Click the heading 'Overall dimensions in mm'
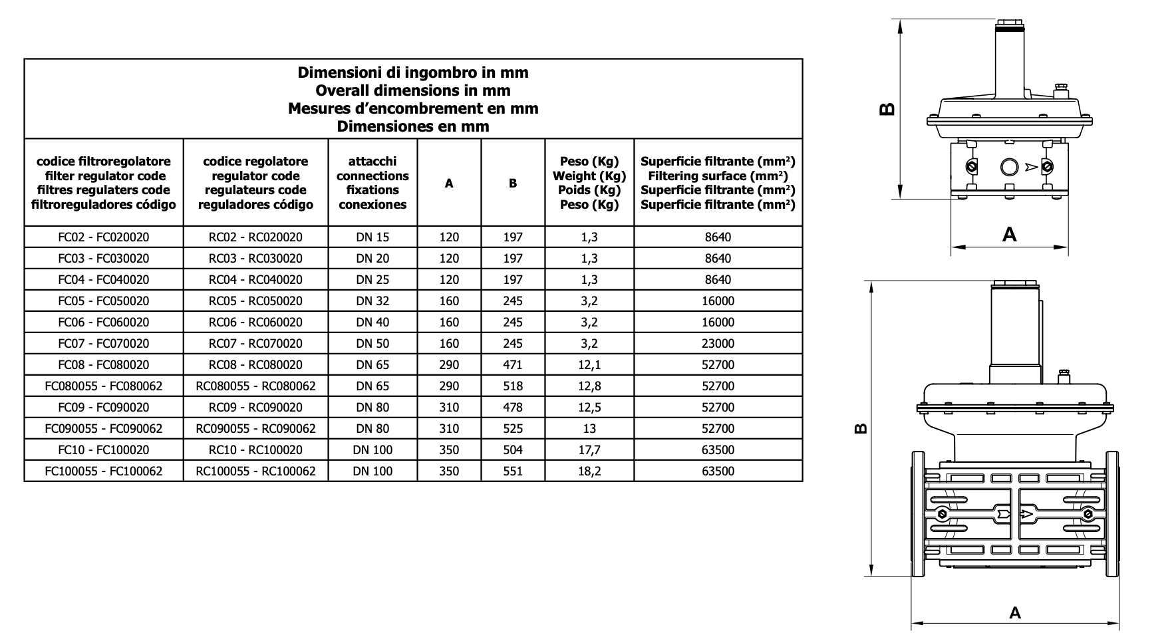(x=412, y=90)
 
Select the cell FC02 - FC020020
(x=104, y=237)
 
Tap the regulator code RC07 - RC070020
(x=255, y=344)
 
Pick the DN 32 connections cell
(x=372, y=301)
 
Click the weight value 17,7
(x=589, y=450)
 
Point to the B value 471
(x=513, y=365)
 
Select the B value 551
(x=513, y=471)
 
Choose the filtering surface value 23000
(x=718, y=344)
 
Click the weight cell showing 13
(x=589, y=429)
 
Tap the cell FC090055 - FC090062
(x=104, y=429)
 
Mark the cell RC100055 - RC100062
(x=255, y=471)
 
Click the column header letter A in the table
(x=449, y=184)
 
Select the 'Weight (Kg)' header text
(x=589, y=176)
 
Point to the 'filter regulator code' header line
(x=104, y=176)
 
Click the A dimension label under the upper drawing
(x=1009, y=234)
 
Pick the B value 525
(x=513, y=429)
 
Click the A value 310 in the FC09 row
(x=449, y=408)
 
